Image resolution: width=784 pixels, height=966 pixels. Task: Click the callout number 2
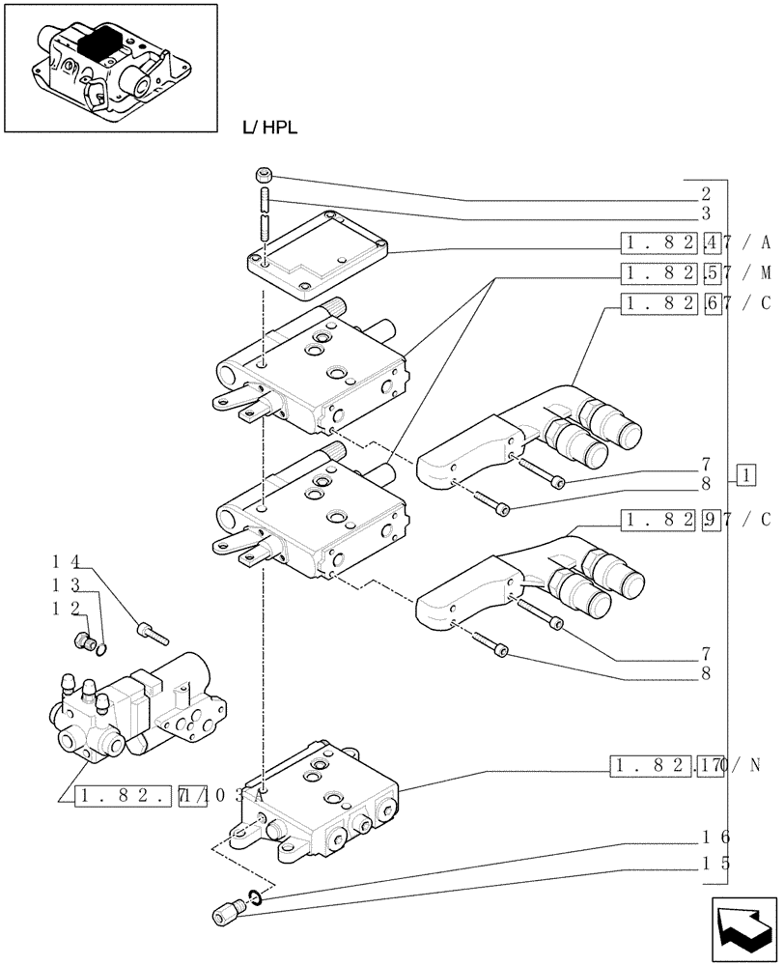pos(706,193)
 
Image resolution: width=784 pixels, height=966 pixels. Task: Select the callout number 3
pos(706,213)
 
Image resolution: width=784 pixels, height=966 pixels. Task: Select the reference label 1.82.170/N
pos(686,767)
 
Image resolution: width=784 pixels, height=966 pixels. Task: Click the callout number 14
pos(66,559)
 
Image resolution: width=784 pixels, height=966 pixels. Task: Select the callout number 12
pos(66,608)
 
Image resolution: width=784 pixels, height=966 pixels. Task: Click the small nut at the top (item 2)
pos(264,175)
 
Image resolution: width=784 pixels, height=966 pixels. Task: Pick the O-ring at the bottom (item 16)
pos(253,898)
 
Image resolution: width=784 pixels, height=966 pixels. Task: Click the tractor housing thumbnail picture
pos(109,68)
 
